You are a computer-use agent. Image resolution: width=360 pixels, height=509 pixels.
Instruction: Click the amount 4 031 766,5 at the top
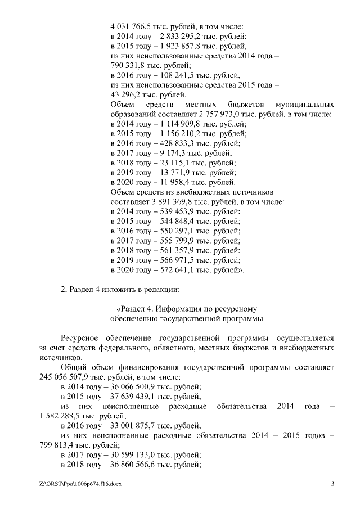coord(130,25)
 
